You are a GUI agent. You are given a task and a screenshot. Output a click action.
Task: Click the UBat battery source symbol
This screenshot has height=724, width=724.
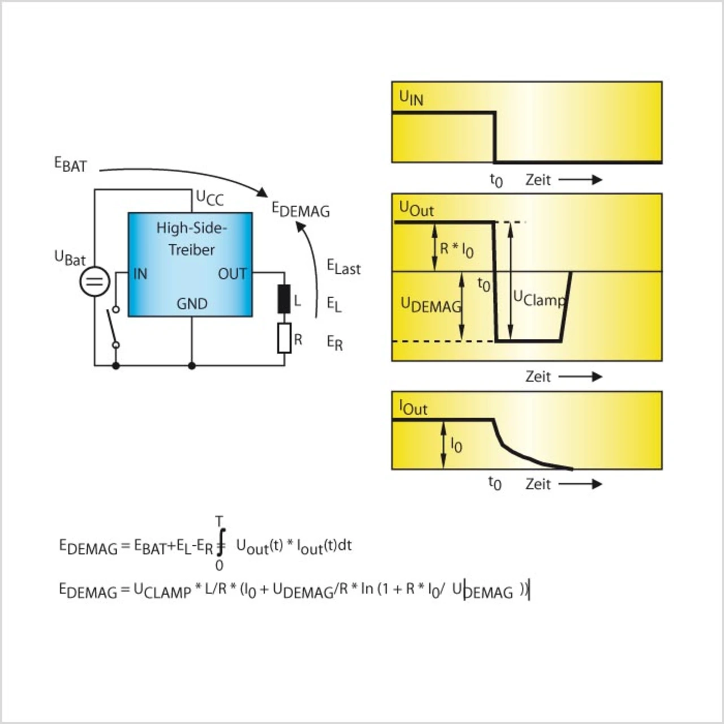(x=94, y=281)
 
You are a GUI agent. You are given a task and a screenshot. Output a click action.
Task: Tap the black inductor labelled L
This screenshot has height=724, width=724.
(x=284, y=299)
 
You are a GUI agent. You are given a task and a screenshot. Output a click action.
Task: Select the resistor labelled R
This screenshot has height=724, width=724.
(x=284, y=338)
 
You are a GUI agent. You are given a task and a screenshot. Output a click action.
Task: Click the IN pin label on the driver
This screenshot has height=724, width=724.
(x=140, y=274)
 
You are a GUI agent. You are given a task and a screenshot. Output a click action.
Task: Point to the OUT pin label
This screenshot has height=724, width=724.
(x=232, y=274)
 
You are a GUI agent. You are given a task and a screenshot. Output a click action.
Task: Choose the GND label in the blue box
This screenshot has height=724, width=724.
(x=192, y=304)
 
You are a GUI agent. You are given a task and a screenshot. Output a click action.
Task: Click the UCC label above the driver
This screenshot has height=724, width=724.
(x=209, y=198)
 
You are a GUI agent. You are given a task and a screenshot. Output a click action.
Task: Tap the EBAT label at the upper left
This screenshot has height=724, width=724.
(x=71, y=165)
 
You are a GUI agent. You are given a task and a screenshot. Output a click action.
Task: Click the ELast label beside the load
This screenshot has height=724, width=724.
(x=343, y=267)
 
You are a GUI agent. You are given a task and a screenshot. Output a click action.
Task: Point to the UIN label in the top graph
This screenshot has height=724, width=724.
(x=411, y=98)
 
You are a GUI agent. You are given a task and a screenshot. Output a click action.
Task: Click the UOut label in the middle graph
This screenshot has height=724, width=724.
(x=416, y=209)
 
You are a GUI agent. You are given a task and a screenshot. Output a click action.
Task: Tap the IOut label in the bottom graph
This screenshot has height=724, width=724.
(x=413, y=408)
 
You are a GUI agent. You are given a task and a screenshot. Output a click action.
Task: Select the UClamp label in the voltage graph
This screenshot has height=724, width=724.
(x=538, y=299)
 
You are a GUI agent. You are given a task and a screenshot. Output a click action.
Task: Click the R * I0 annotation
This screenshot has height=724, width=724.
(x=456, y=249)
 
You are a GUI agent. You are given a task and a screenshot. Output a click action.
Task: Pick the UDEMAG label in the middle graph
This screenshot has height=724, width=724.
(x=430, y=305)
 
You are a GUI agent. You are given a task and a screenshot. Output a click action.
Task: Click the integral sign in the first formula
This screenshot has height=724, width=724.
(x=221, y=542)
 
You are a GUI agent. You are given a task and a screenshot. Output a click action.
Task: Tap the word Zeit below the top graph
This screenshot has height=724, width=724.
(x=538, y=180)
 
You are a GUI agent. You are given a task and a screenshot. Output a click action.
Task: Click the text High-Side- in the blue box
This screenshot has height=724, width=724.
(x=191, y=228)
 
